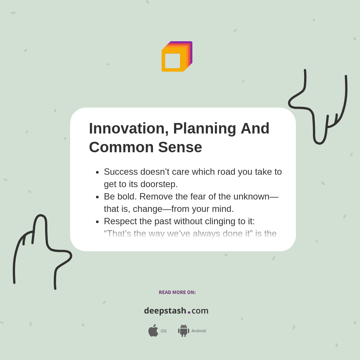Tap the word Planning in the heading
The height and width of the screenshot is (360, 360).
pos(204,129)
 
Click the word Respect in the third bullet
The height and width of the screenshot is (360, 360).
pos(120,221)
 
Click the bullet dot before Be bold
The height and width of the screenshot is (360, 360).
pos(97,197)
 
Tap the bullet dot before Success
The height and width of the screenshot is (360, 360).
pos(97,172)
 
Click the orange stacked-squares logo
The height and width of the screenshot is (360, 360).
pos(177,57)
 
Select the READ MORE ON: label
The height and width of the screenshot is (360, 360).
pos(177,292)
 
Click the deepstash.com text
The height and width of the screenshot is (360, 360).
pos(176,311)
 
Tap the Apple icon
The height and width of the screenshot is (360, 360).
pos(153,330)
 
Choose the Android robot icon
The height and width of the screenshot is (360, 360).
pos(183,331)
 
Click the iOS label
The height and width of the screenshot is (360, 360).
pos(163,331)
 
